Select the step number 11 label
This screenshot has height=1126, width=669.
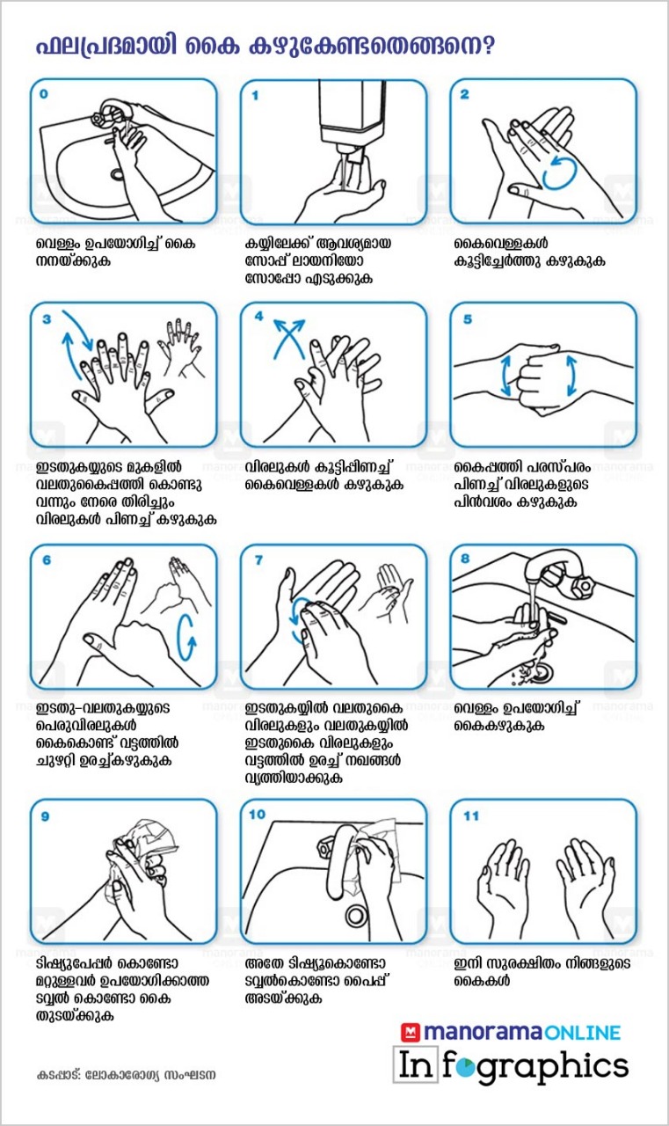pos(470,815)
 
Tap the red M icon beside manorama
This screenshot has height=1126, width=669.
pos(410,1032)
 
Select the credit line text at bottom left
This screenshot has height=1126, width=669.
pos(127,1074)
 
